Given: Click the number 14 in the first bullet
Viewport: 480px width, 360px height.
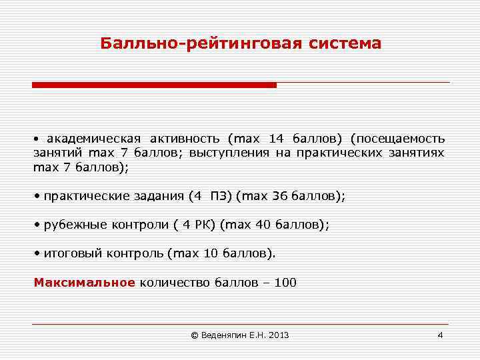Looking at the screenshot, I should pos(276,139).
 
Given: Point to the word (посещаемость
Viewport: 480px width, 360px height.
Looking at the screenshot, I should pos(399,139).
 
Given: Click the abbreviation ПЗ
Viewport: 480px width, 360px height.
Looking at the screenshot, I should pos(218,197).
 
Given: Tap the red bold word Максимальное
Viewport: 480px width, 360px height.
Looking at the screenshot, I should pos(85,282).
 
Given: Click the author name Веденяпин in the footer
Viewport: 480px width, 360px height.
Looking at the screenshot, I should pos(224,335).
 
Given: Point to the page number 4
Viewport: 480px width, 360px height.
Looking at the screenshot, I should pos(440,335).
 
